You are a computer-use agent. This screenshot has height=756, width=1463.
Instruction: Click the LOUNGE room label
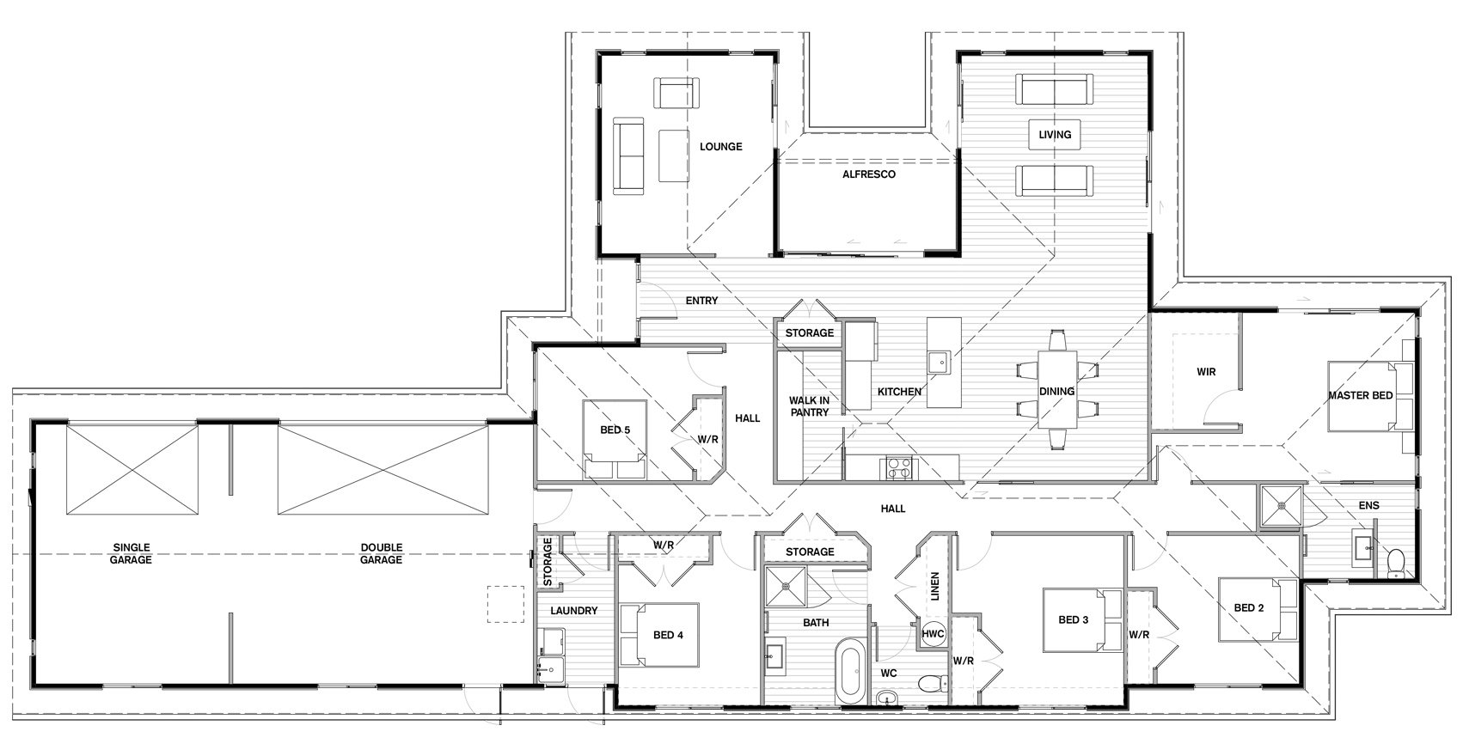[x=721, y=147]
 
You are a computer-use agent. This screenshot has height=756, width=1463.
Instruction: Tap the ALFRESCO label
[x=869, y=174]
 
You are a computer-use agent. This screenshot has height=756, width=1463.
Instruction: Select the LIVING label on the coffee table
[x=1055, y=135]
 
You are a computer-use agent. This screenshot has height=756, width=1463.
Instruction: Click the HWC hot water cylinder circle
[x=934, y=633]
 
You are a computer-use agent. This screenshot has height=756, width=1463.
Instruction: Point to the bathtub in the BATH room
[x=850, y=671]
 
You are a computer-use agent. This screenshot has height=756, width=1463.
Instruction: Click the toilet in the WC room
[x=933, y=684]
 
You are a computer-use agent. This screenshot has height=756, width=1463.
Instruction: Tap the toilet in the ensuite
[x=1396, y=564]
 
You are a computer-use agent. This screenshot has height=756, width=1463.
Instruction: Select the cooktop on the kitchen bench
[x=899, y=468]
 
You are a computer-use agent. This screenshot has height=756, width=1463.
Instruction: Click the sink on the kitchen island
[x=940, y=362]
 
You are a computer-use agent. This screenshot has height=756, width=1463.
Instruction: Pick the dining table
[x=1057, y=390]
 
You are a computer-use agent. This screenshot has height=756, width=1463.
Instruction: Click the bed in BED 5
[x=615, y=439]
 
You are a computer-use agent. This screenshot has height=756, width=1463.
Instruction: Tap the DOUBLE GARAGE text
[x=382, y=553]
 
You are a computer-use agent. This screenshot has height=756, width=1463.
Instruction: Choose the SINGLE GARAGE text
[x=132, y=553]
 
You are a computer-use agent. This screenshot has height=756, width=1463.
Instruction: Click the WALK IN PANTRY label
[x=809, y=406]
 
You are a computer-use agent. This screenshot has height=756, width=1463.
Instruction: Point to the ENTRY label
[x=702, y=301]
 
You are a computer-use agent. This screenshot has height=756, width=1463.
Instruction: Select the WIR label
[x=1206, y=372]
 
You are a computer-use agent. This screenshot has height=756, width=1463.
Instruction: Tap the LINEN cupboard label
[x=934, y=586]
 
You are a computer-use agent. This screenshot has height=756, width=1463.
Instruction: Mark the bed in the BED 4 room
[x=659, y=635]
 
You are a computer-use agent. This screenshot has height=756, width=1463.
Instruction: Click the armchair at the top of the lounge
[x=676, y=93]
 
